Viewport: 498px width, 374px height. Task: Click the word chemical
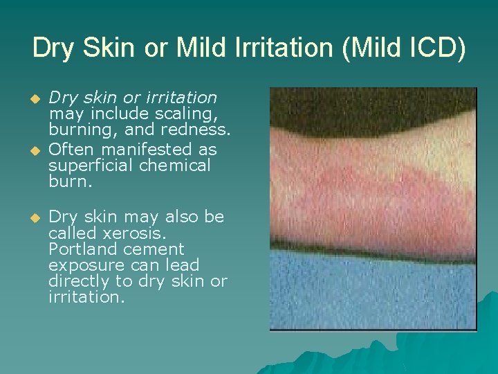click(174, 166)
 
